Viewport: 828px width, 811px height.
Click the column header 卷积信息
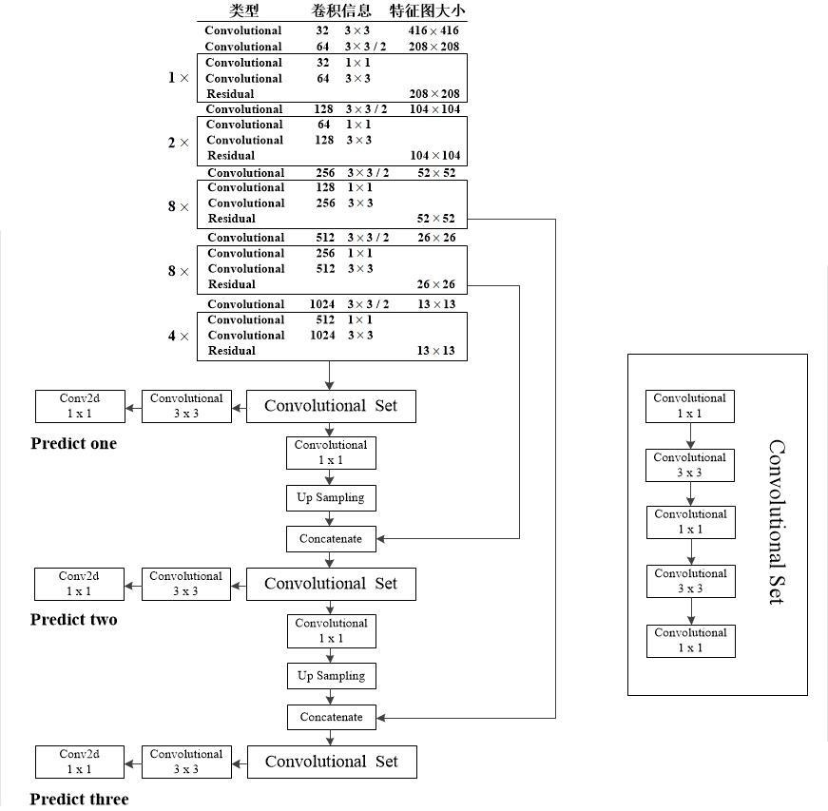point(340,11)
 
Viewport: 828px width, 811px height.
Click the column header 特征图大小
point(428,11)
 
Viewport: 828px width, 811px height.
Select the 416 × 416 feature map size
point(433,30)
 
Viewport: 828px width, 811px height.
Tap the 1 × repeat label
point(179,78)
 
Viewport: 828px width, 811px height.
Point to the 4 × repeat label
point(179,336)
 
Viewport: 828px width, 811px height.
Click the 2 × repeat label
point(179,143)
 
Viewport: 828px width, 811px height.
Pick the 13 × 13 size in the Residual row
point(436,351)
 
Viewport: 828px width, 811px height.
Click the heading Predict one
point(73,444)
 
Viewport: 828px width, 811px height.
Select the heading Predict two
point(74,620)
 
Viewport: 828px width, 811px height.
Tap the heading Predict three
point(79,799)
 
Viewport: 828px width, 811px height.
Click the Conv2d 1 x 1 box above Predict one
point(80,406)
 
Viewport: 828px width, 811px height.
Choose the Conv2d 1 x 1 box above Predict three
point(80,762)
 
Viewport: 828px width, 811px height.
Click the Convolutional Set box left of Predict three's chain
point(332,762)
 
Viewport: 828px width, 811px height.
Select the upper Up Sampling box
point(331,498)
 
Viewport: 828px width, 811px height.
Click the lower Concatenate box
point(332,717)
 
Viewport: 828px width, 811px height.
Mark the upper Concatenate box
point(331,539)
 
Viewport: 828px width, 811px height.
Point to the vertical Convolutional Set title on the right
point(776,522)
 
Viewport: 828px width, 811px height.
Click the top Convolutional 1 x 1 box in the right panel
point(690,406)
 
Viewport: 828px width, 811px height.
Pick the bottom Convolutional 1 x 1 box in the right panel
point(690,641)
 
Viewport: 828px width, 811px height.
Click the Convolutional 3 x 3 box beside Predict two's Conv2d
point(186,584)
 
